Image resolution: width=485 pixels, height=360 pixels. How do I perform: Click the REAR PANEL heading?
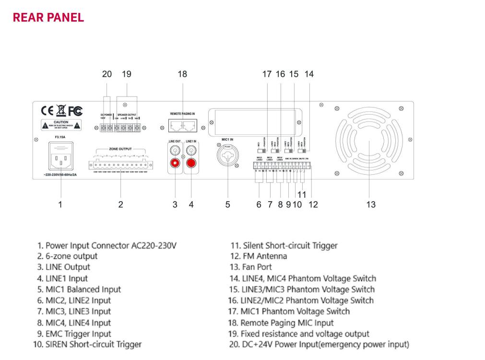(48, 18)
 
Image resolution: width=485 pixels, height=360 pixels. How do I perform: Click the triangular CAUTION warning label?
(61, 125)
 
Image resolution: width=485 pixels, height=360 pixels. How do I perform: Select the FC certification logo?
(75, 111)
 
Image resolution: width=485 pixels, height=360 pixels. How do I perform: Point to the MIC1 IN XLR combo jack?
(227, 154)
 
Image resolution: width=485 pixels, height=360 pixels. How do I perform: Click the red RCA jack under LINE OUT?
(174, 163)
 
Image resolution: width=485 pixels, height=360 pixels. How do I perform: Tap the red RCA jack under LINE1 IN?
(191, 163)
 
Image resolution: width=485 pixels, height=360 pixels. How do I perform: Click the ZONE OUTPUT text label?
(120, 149)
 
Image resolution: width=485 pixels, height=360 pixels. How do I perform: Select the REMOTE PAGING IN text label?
(182, 114)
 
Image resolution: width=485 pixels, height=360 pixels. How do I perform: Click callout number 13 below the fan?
(370, 204)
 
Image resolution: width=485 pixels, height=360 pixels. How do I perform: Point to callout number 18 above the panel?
(182, 74)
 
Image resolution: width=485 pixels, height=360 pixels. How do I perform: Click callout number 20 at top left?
(107, 74)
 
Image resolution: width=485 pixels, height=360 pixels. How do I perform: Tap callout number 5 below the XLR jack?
(227, 204)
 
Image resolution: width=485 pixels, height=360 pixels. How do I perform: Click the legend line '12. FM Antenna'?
(259, 256)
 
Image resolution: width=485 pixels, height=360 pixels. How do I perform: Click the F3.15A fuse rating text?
(60, 137)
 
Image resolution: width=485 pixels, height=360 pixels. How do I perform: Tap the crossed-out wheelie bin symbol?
(61, 111)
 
